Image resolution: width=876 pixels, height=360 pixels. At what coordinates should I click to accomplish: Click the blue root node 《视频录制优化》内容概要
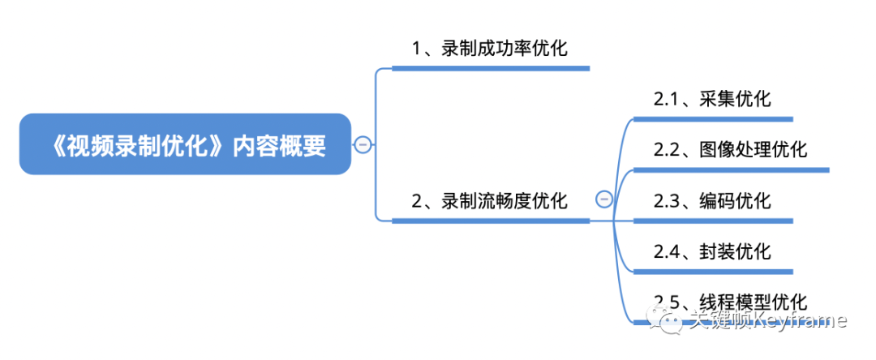click(x=185, y=144)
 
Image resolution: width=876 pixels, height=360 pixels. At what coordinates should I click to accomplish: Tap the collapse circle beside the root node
click(x=363, y=145)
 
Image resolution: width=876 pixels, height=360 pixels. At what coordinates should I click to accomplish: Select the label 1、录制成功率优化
click(x=490, y=49)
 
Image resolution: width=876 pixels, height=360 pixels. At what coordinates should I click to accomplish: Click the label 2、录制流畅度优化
click(x=490, y=200)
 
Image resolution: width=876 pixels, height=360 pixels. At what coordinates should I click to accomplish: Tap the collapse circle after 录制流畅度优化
click(x=604, y=199)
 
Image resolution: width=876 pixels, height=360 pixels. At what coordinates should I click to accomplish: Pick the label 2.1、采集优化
click(x=712, y=100)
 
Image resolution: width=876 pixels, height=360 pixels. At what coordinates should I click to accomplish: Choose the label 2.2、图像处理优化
click(x=730, y=150)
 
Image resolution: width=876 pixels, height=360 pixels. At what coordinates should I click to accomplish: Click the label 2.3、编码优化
click(x=712, y=200)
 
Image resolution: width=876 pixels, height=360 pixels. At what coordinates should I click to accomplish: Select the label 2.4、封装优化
click(x=712, y=251)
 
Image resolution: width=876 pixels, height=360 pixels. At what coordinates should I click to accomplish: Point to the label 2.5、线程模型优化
click(x=730, y=301)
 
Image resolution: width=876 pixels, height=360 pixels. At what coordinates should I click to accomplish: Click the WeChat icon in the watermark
click(x=672, y=322)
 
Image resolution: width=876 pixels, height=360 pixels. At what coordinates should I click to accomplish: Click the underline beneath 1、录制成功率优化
click(x=490, y=69)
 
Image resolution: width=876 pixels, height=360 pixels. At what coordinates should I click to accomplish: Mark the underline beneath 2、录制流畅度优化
click(x=490, y=221)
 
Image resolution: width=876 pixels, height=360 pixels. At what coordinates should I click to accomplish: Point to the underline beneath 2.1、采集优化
click(x=712, y=119)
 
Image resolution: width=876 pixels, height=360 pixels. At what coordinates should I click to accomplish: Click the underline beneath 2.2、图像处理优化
click(x=730, y=170)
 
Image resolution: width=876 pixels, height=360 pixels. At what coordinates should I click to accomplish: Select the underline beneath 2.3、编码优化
click(x=712, y=221)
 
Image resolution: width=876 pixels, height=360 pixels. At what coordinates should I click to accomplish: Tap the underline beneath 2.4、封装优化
click(x=712, y=271)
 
